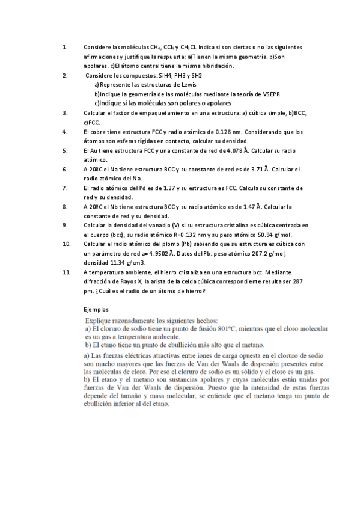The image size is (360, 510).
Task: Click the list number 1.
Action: point(64,47)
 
